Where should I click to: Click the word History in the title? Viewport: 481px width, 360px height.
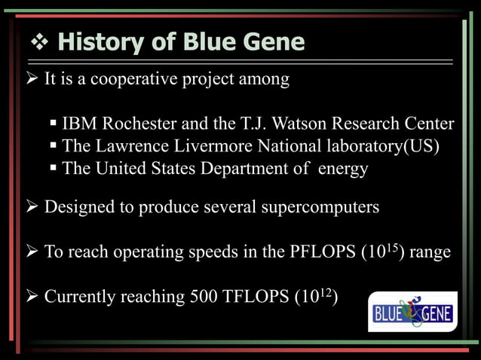click(x=100, y=42)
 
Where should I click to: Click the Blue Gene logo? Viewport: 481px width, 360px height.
click(x=412, y=311)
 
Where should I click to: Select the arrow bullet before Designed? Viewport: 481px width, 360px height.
click(x=35, y=207)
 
